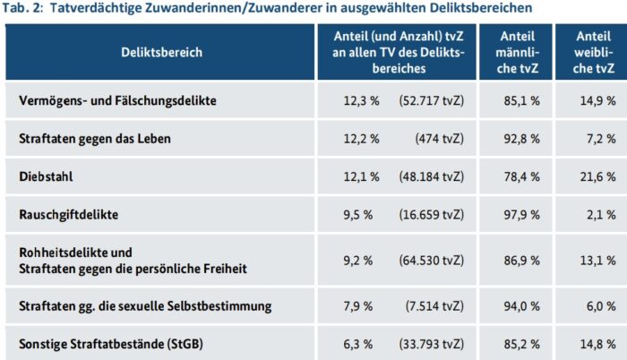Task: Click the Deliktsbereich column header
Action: [x=161, y=52]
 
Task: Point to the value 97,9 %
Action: [x=522, y=215]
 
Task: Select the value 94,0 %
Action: [x=522, y=306]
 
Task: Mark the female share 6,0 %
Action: [x=599, y=306]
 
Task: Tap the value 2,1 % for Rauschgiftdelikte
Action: [x=599, y=215]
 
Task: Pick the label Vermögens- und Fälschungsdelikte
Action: [x=118, y=100]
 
